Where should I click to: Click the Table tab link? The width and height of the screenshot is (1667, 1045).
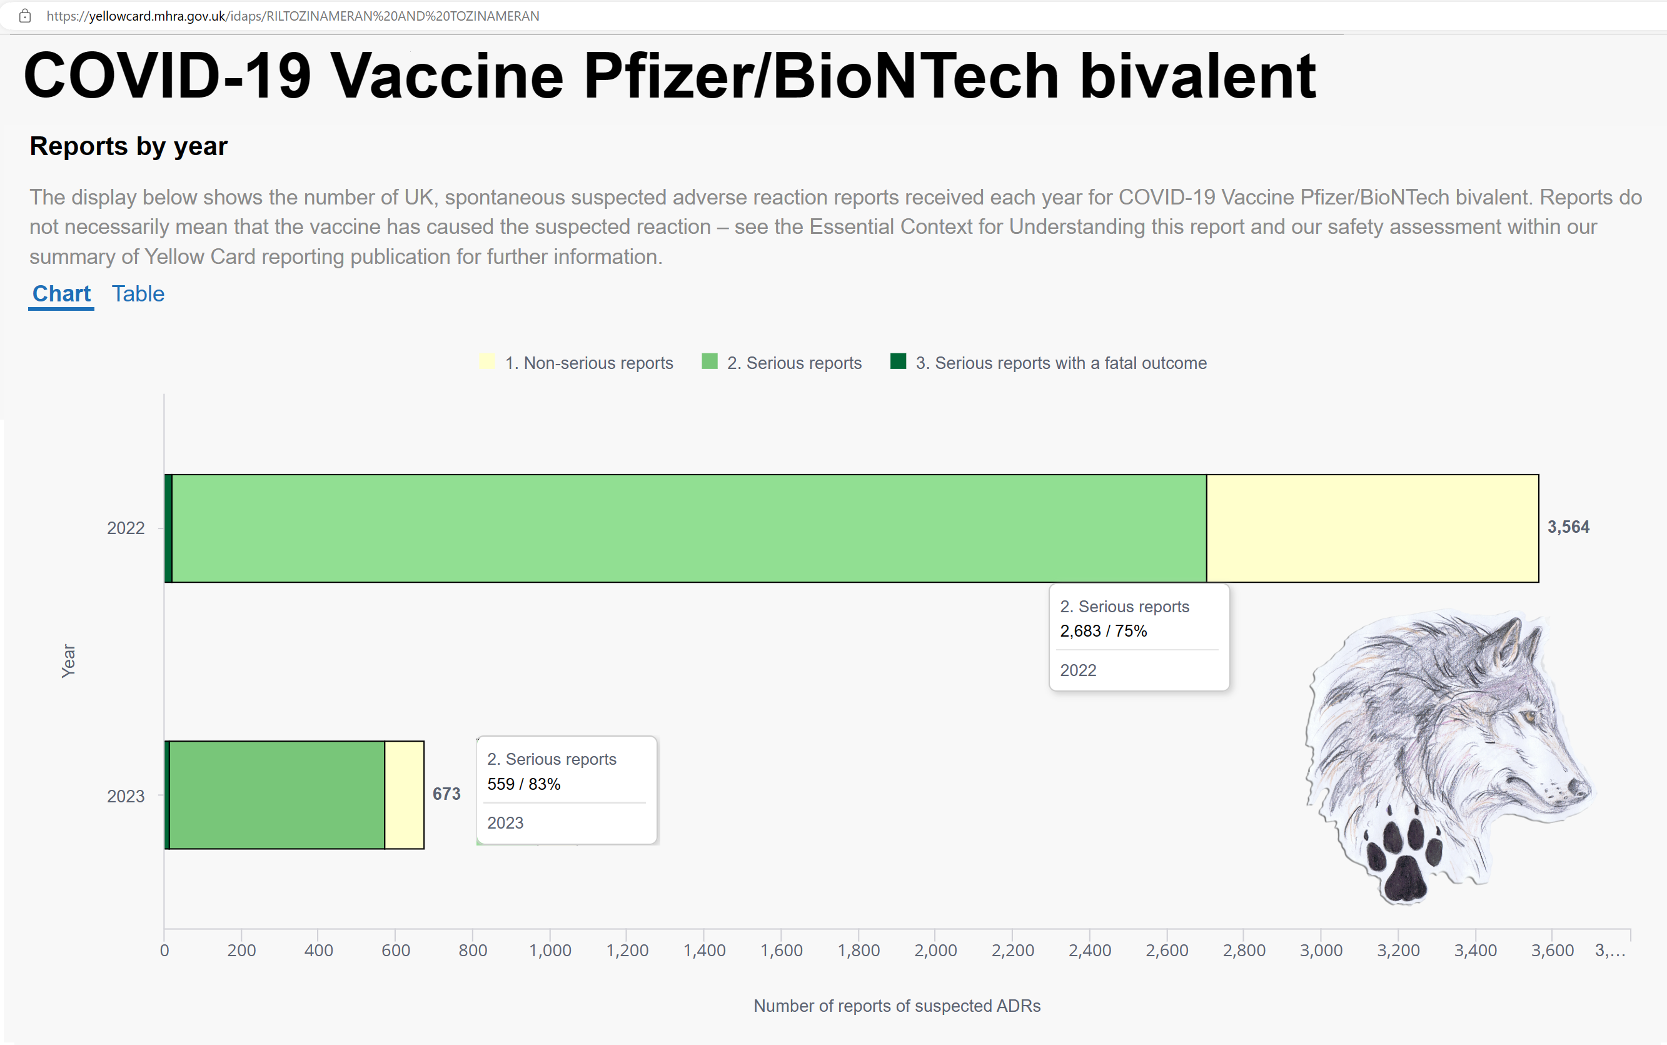(138, 294)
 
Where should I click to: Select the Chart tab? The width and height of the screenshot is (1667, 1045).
(61, 294)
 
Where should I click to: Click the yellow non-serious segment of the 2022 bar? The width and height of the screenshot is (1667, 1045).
(1372, 528)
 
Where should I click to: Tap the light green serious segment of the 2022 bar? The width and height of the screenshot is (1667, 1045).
(690, 528)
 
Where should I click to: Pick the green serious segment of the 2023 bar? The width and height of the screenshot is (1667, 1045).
(277, 795)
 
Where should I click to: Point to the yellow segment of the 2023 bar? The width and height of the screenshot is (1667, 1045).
(404, 795)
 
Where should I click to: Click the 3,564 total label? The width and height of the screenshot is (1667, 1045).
(1568, 527)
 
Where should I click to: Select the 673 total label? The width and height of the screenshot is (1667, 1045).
(446, 794)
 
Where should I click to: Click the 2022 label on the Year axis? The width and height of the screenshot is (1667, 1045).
(126, 528)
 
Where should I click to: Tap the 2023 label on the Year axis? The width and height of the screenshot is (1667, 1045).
(126, 796)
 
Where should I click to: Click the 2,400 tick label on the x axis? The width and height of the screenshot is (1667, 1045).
(1089, 951)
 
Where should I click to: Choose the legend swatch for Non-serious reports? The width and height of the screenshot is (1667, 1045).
(487, 361)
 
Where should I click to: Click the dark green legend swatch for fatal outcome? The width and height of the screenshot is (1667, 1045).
(898, 361)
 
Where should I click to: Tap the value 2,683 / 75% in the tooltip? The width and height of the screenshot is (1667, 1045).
(1103, 631)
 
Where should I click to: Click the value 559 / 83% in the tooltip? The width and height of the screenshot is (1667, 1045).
(523, 784)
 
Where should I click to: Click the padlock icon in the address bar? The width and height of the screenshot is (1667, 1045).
(25, 16)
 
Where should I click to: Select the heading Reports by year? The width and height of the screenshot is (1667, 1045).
(129, 146)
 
